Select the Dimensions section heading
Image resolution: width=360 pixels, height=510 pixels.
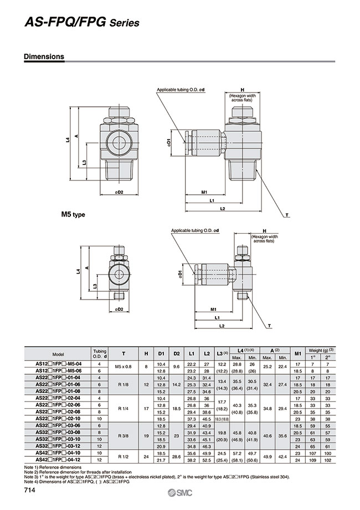(x=44, y=56)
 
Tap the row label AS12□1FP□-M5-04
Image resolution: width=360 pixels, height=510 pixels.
(x=58, y=363)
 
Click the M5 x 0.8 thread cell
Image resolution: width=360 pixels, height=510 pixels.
(x=124, y=367)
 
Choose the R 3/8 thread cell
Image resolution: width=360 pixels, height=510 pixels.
(x=124, y=436)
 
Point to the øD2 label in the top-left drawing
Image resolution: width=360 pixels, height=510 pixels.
(x=118, y=192)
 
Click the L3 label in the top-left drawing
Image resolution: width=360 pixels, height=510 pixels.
(x=83, y=162)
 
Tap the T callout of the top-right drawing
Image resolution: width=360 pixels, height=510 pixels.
(x=287, y=214)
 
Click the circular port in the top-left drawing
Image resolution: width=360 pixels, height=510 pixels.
(x=117, y=142)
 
